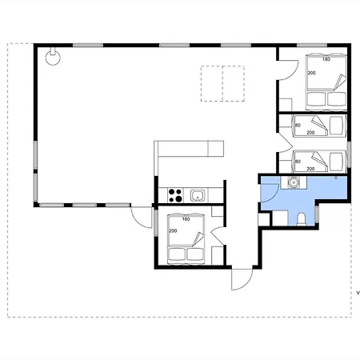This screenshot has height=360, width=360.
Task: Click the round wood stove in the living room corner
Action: tap(53, 58)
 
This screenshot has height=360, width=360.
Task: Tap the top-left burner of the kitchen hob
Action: tap(172, 192)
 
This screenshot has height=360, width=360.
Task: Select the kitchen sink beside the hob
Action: tap(198, 195)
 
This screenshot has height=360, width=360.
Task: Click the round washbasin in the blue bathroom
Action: tap(294, 182)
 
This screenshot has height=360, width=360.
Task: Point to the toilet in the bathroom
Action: tap(302, 219)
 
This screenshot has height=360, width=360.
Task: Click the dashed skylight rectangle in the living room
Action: tap(222, 83)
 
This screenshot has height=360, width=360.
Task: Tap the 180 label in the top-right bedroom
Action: tap(326, 59)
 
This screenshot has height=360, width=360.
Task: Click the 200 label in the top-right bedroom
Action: tap(312, 73)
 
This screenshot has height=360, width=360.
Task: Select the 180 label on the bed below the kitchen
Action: tap(186, 219)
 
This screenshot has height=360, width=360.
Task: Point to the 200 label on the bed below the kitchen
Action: tap(173, 230)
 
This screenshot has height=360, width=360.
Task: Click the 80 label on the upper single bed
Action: tap(298, 125)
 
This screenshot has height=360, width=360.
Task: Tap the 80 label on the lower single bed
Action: tap(298, 162)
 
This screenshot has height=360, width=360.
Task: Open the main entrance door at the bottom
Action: tap(242, 278)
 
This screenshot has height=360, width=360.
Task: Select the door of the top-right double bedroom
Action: tap(288, 70)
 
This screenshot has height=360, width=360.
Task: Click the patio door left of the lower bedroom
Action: tap(141, 217)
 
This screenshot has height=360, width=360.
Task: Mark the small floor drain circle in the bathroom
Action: tap(336, 178)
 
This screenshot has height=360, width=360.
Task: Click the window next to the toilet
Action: tap(317, 214)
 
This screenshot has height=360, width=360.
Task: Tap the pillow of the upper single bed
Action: tap(336, 126)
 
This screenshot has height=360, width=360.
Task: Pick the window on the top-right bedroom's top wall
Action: tap(312, 46)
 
